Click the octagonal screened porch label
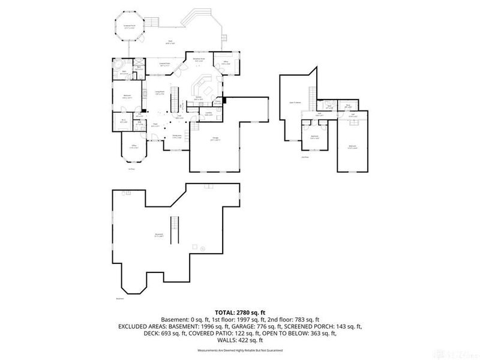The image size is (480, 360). [x=128, y=26]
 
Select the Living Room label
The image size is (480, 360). [x=160, y=92]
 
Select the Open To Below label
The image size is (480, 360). [x=295, y=103]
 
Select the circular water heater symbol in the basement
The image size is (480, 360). [x=203, y=248]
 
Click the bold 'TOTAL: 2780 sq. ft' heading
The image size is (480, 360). [x=240, y=313]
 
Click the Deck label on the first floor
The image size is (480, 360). [x=170, y=41]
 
